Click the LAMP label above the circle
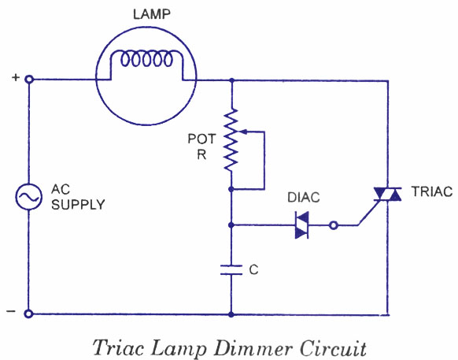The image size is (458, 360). coord(152,15)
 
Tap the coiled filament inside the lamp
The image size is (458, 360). coord(146,59)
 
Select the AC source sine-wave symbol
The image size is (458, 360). coord(28,197)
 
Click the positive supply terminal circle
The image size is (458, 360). coord(28,79)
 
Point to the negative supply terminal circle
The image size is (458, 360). coord(28,314)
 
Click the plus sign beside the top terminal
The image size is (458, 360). coord(16,77)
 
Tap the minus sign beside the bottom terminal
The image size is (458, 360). coord(11,311)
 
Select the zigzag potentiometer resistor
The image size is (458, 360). coord(231,139)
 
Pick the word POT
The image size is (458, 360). coord(201,139)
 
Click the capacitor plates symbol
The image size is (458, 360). coord(231,270)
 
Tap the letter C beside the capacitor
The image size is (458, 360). coord(254,270)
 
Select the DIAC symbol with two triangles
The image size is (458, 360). coord(301,225)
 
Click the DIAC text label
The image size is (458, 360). coord(304,198)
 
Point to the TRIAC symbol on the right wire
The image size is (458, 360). coord(388,195)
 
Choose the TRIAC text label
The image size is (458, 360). coord(432,191)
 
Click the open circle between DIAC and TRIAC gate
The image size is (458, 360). coord(334,225)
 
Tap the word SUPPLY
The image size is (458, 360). coord(78,205)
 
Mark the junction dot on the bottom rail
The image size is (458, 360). coord(231,314)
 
